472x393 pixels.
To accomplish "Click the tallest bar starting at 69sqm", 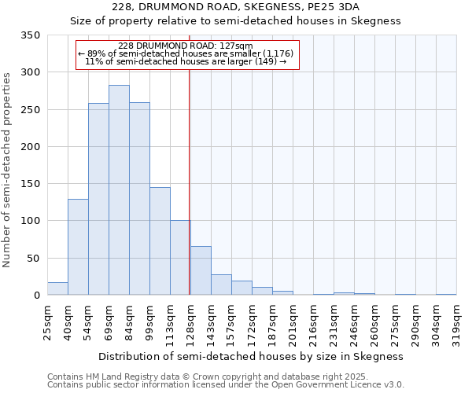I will point(119,190).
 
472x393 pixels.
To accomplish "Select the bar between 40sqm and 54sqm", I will point(78,247).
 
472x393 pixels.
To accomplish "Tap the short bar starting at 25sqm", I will point(57,288).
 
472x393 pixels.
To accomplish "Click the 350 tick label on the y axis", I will point(31,35).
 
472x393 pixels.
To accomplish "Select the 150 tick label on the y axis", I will point(31,184).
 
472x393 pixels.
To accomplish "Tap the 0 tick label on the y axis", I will point(36,296).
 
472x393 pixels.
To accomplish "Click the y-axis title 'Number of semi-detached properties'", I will point(7,169).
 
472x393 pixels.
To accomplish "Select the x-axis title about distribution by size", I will point(251,356).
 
